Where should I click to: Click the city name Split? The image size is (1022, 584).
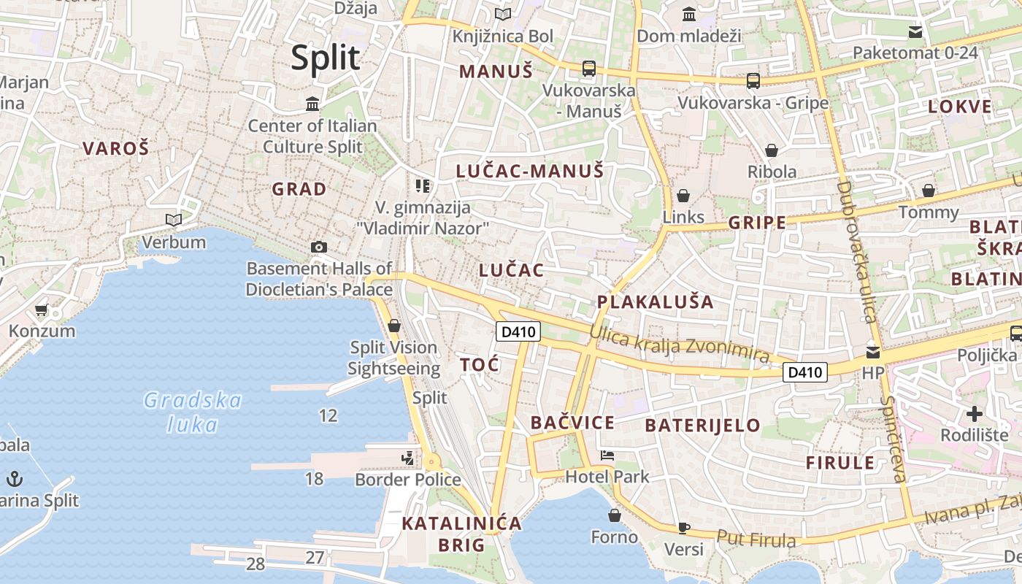point(326,58)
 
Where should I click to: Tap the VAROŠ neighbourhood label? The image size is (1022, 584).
point(115,148)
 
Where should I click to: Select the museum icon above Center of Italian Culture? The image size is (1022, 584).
point(313,104)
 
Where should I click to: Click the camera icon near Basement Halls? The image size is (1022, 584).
point(318,247)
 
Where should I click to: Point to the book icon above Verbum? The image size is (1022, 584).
point(173,220)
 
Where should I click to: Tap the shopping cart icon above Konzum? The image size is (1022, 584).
point(42,310)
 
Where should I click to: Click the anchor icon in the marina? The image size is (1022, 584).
point(15,479)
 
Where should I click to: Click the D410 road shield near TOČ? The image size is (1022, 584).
point(518,331)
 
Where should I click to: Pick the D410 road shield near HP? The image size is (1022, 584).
point(805,372)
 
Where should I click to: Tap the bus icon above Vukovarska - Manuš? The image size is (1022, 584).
point(588,69)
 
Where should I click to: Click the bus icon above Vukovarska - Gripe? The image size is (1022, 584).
point(753,81)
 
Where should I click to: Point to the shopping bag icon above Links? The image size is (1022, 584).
point(683,196)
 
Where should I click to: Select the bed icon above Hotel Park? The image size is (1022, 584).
point(607,456)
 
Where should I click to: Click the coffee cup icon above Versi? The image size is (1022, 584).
point(683,527)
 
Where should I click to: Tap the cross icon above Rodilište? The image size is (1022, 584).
point(974,415)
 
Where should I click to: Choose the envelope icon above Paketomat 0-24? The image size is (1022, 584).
point(915,32)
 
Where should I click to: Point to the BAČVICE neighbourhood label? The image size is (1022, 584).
point(572,423)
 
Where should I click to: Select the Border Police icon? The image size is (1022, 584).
point(407,458)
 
